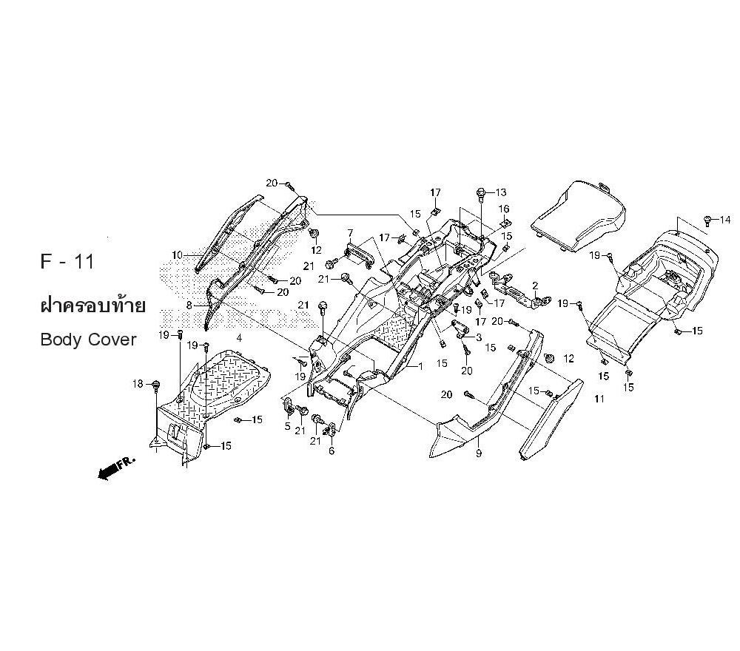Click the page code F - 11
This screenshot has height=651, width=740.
point(67,261)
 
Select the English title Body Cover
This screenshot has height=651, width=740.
point(89,340)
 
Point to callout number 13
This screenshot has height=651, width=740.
point(501,192)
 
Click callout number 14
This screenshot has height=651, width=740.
point(725,220)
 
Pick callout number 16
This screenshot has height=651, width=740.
point(504,209)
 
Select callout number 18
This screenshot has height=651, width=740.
point(138,384)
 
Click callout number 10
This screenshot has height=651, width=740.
point(177,255)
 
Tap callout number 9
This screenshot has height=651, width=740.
point(479,453)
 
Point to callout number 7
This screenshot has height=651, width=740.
point(350,232)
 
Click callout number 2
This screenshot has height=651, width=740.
point(535,286)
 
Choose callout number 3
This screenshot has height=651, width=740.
point(479,337)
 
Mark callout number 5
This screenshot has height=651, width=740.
point(287,427)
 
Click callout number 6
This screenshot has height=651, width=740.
point(332,451)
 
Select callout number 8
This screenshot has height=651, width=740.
point(189,306)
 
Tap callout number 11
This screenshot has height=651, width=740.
point(599,399)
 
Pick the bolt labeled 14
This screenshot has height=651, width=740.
point(707,220)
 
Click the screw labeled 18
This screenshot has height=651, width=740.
point(155,385)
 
